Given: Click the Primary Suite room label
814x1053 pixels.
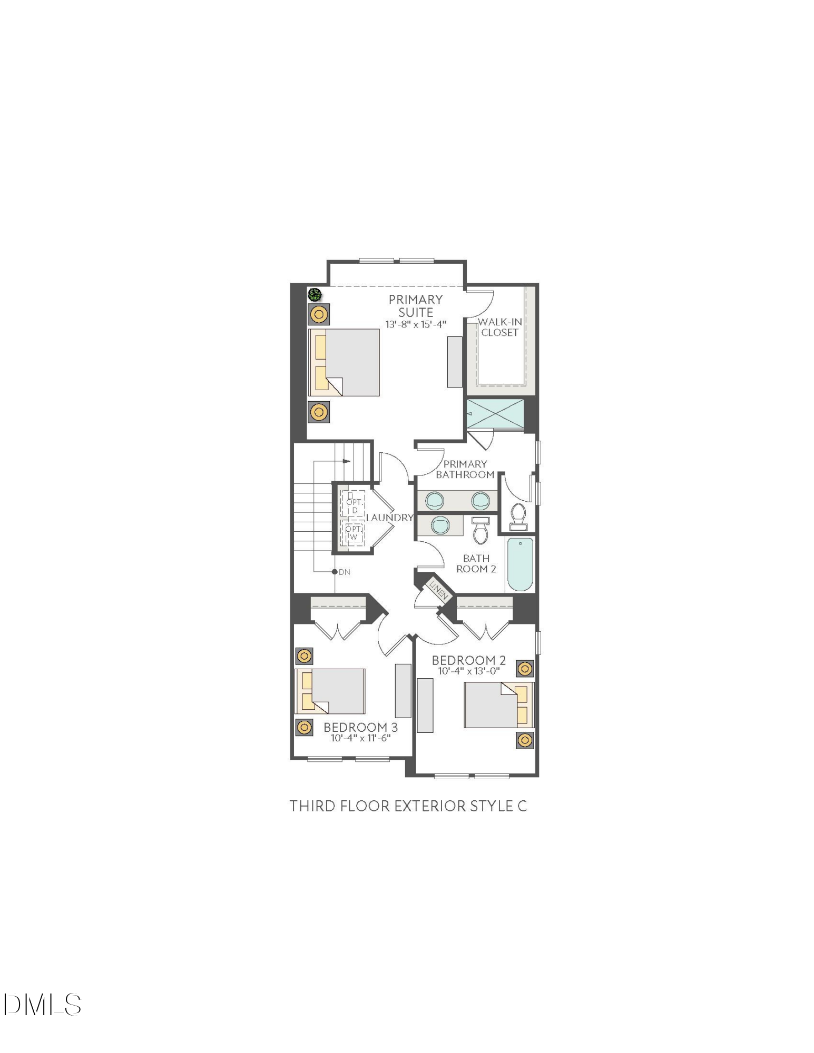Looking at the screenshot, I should [x=415, y=306].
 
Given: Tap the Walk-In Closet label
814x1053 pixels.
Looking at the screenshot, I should [x=499, y=327].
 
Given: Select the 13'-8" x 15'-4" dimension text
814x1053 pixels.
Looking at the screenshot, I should [x=415, y=325].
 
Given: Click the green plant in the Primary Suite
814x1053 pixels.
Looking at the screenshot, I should [x=315, y=295].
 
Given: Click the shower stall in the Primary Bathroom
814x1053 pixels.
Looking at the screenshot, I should [x=495, y=414].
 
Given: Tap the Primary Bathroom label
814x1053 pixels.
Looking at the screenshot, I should [x=465, y=469].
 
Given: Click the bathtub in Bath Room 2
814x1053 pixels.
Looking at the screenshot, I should [x=520, y=564].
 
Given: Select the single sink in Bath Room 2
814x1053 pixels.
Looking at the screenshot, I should [x=440, y=525].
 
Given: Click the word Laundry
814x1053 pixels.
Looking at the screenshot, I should [x=389, y=518].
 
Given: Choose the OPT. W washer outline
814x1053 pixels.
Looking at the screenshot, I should [x=353, y=533].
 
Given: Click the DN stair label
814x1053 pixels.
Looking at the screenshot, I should [x=344, y=572].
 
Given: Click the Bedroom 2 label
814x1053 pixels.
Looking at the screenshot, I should [x=468, y=660].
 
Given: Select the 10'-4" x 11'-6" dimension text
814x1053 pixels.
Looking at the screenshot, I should [x=360, y=738].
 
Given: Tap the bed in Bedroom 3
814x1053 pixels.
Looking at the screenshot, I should [x=330, y=691].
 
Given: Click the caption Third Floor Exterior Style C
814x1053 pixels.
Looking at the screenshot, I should [x=408, y=806].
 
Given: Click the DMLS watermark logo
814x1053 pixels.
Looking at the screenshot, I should [x=42, y=1005].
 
